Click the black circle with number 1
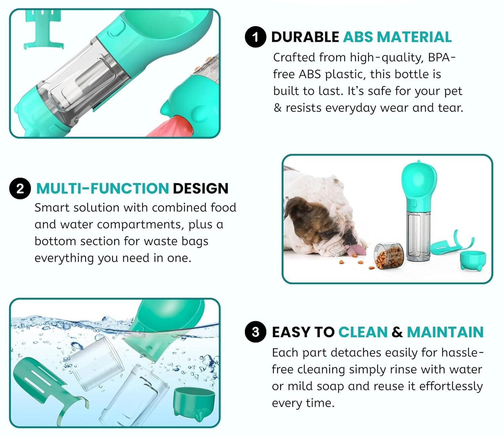[255, 37]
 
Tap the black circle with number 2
[20, 189]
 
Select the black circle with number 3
[255, 332]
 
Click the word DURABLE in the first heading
[305, 37]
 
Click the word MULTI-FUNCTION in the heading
[102, 189]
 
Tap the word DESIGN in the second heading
[201, 189]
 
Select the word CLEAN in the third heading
[363, 332]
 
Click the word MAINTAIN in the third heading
[445, 332]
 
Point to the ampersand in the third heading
[397, 332]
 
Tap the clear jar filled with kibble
[389, 256]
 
